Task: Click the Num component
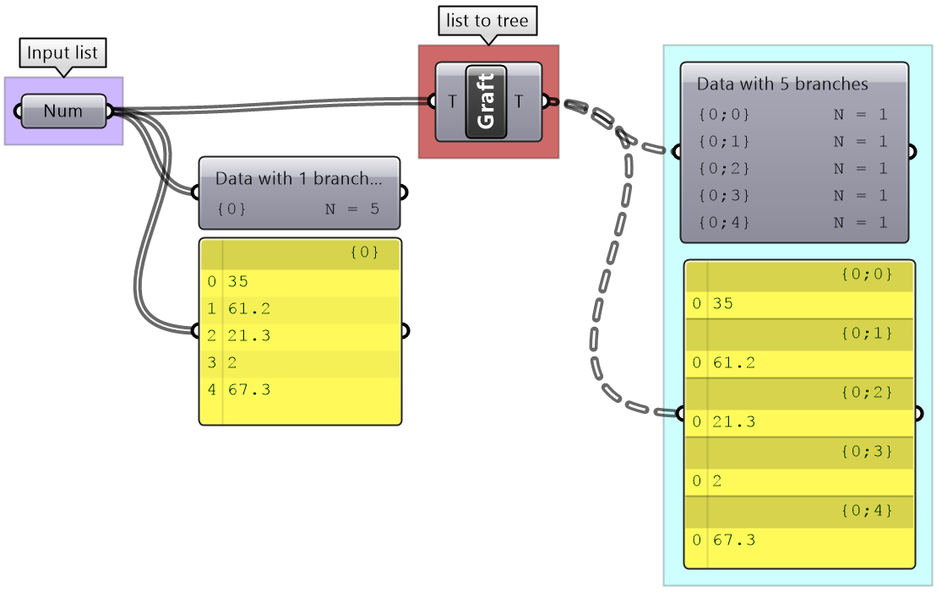click(63, 111)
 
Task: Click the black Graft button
click(486, 101)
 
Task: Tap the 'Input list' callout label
click(63, 53)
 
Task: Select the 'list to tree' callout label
click(487, 21)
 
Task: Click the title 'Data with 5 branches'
click(782, 84)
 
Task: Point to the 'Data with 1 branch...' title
click(298, 179)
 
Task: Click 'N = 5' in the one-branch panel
click(351, 208)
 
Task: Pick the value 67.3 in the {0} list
click(248, 389)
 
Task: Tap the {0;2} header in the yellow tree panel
click(866, 392)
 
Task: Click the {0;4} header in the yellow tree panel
click(866, 510)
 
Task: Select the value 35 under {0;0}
click(722, 303)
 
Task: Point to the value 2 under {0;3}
click(716, 481)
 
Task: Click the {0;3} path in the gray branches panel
click(724, 196)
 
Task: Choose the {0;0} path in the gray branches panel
click(724, 114)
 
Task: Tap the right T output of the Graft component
click(519, 102)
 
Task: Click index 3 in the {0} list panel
click(211, 362)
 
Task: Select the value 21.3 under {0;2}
click(733, 421)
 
